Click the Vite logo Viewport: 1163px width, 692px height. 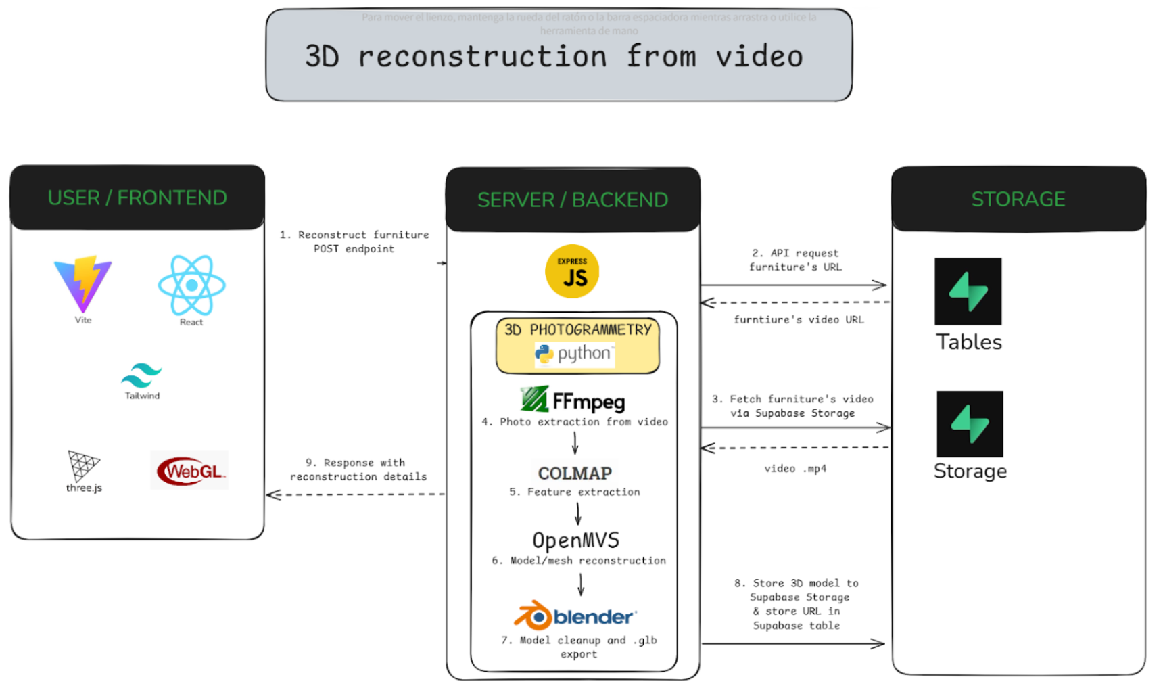click(83, 283)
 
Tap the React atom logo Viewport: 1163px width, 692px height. click(191, 285)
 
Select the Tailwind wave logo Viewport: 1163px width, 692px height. click(141, 375)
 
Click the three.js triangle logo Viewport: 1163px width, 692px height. click(84, 465)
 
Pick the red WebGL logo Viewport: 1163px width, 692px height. click(190, 470)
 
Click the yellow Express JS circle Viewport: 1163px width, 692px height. click(572, 271)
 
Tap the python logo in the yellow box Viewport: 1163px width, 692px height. click(574, 353)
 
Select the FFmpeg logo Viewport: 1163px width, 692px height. click(573, 400)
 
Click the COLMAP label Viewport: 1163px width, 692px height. click(575, 473)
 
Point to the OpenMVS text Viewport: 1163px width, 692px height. click(575, 540)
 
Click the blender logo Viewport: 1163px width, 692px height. click(575, 616)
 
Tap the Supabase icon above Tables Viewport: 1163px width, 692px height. click(968, 292)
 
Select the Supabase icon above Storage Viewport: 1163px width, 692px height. click(970, 424)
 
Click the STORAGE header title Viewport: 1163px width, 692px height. click(1018, 199)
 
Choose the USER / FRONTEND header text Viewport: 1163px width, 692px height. click(137, 198)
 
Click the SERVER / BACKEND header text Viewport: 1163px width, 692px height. click(572, 200)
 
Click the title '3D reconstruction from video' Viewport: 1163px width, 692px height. click(554, 56)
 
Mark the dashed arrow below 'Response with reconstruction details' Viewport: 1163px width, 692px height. click(356, 494)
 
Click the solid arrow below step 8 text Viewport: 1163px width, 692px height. click(793, 643)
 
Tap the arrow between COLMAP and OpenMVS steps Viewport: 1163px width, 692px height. click(578, 514)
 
